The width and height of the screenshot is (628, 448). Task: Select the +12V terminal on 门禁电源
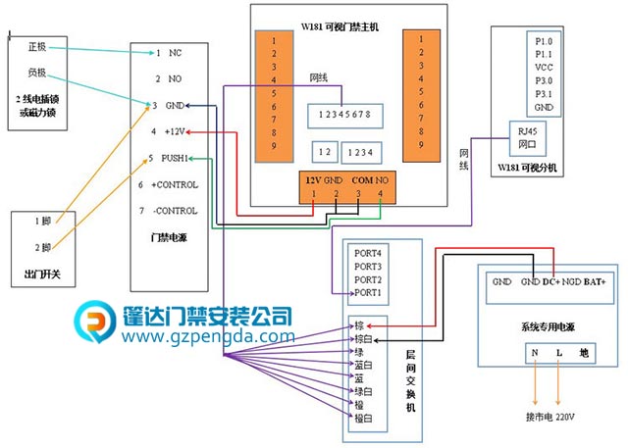[x=171, y=130]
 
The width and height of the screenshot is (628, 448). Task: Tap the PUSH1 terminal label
[x=176, y=157]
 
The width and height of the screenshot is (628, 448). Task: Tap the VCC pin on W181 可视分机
[x=545, y=68]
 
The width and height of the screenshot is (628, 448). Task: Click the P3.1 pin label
[x=545, y=93]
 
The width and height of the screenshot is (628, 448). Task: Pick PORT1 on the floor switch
[x=369, y=292]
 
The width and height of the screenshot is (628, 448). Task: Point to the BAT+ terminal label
[x=596, y=282]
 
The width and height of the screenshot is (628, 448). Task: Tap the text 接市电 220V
[x=554, y=417]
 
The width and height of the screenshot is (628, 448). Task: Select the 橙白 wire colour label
[x=364, y=416]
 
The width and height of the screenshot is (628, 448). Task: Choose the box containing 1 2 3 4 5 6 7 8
[x=340, y=115]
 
